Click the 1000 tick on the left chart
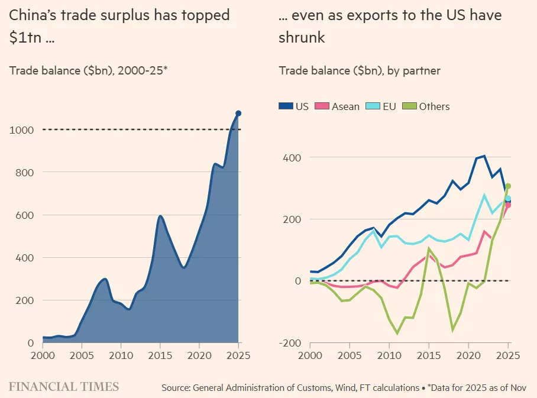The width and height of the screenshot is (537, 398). [21, 130]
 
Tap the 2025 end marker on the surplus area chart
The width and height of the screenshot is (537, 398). [238, 113]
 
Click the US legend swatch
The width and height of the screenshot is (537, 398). [286, 106]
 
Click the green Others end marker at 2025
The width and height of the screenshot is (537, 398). [508, 186]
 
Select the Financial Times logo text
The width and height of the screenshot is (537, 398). [64, 387]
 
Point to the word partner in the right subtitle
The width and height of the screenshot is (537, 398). [422, 71]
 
